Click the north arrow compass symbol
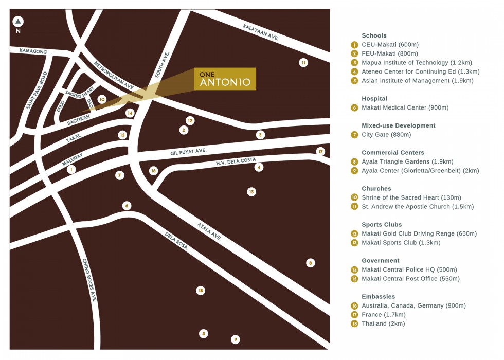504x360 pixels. click(x=18, y=22)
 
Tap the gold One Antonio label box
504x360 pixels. click(x=225, y=79)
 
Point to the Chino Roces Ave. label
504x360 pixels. click(x=89, y=280)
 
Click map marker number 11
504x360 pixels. click(x=303, y=63)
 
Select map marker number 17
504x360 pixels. click(x=321, y=151)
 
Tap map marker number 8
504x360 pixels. click(x=310, y=263)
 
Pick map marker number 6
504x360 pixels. click(x=127, y=206)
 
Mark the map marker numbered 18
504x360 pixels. click(x=201, y=291)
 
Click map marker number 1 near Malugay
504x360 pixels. click(x=71, y=169)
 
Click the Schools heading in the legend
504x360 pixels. click(x=374, y=35)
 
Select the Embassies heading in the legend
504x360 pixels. click(x=378, y=296)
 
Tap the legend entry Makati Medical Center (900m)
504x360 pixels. click(x=405, y=107)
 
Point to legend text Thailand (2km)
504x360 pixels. click(x=383, y=323)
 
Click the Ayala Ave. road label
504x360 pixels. click(x=209, y=231)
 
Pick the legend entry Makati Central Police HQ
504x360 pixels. click(x=409, y=269)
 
